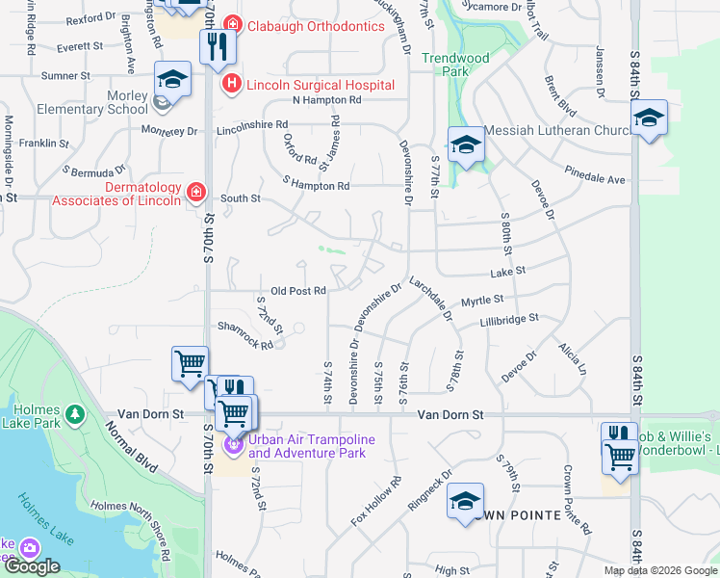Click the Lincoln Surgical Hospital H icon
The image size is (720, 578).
(x=232, y=85)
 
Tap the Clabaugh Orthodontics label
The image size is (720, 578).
(x=301, y=26)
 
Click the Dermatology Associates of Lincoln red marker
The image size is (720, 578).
(x=196, y=193)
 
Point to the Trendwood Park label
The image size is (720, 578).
(x=455, y=65)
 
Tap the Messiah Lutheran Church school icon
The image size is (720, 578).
(x=466, y=146)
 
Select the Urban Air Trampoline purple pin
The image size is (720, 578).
(x=232, y=445)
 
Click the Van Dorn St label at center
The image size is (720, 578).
(x=450, y=414)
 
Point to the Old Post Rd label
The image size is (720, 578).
(x=298, y=290)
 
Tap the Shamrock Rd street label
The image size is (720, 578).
(x=245, y=333)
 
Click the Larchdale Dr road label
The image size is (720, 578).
(x=429, y=298)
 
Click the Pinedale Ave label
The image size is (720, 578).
(x=596, y=179)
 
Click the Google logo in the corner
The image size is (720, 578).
(x=32, y=566)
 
